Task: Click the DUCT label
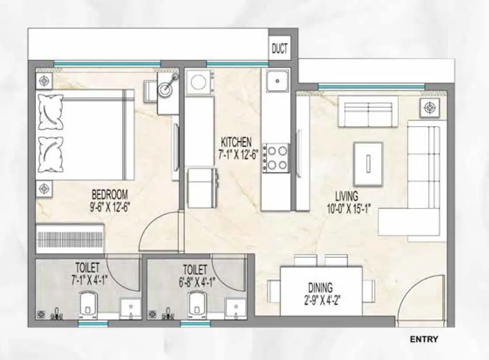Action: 280,48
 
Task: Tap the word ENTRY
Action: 424,339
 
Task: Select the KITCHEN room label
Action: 236,142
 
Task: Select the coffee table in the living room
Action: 368,163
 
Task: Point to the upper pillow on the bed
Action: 51,113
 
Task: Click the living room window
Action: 371,87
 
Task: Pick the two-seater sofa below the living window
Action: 368,112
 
